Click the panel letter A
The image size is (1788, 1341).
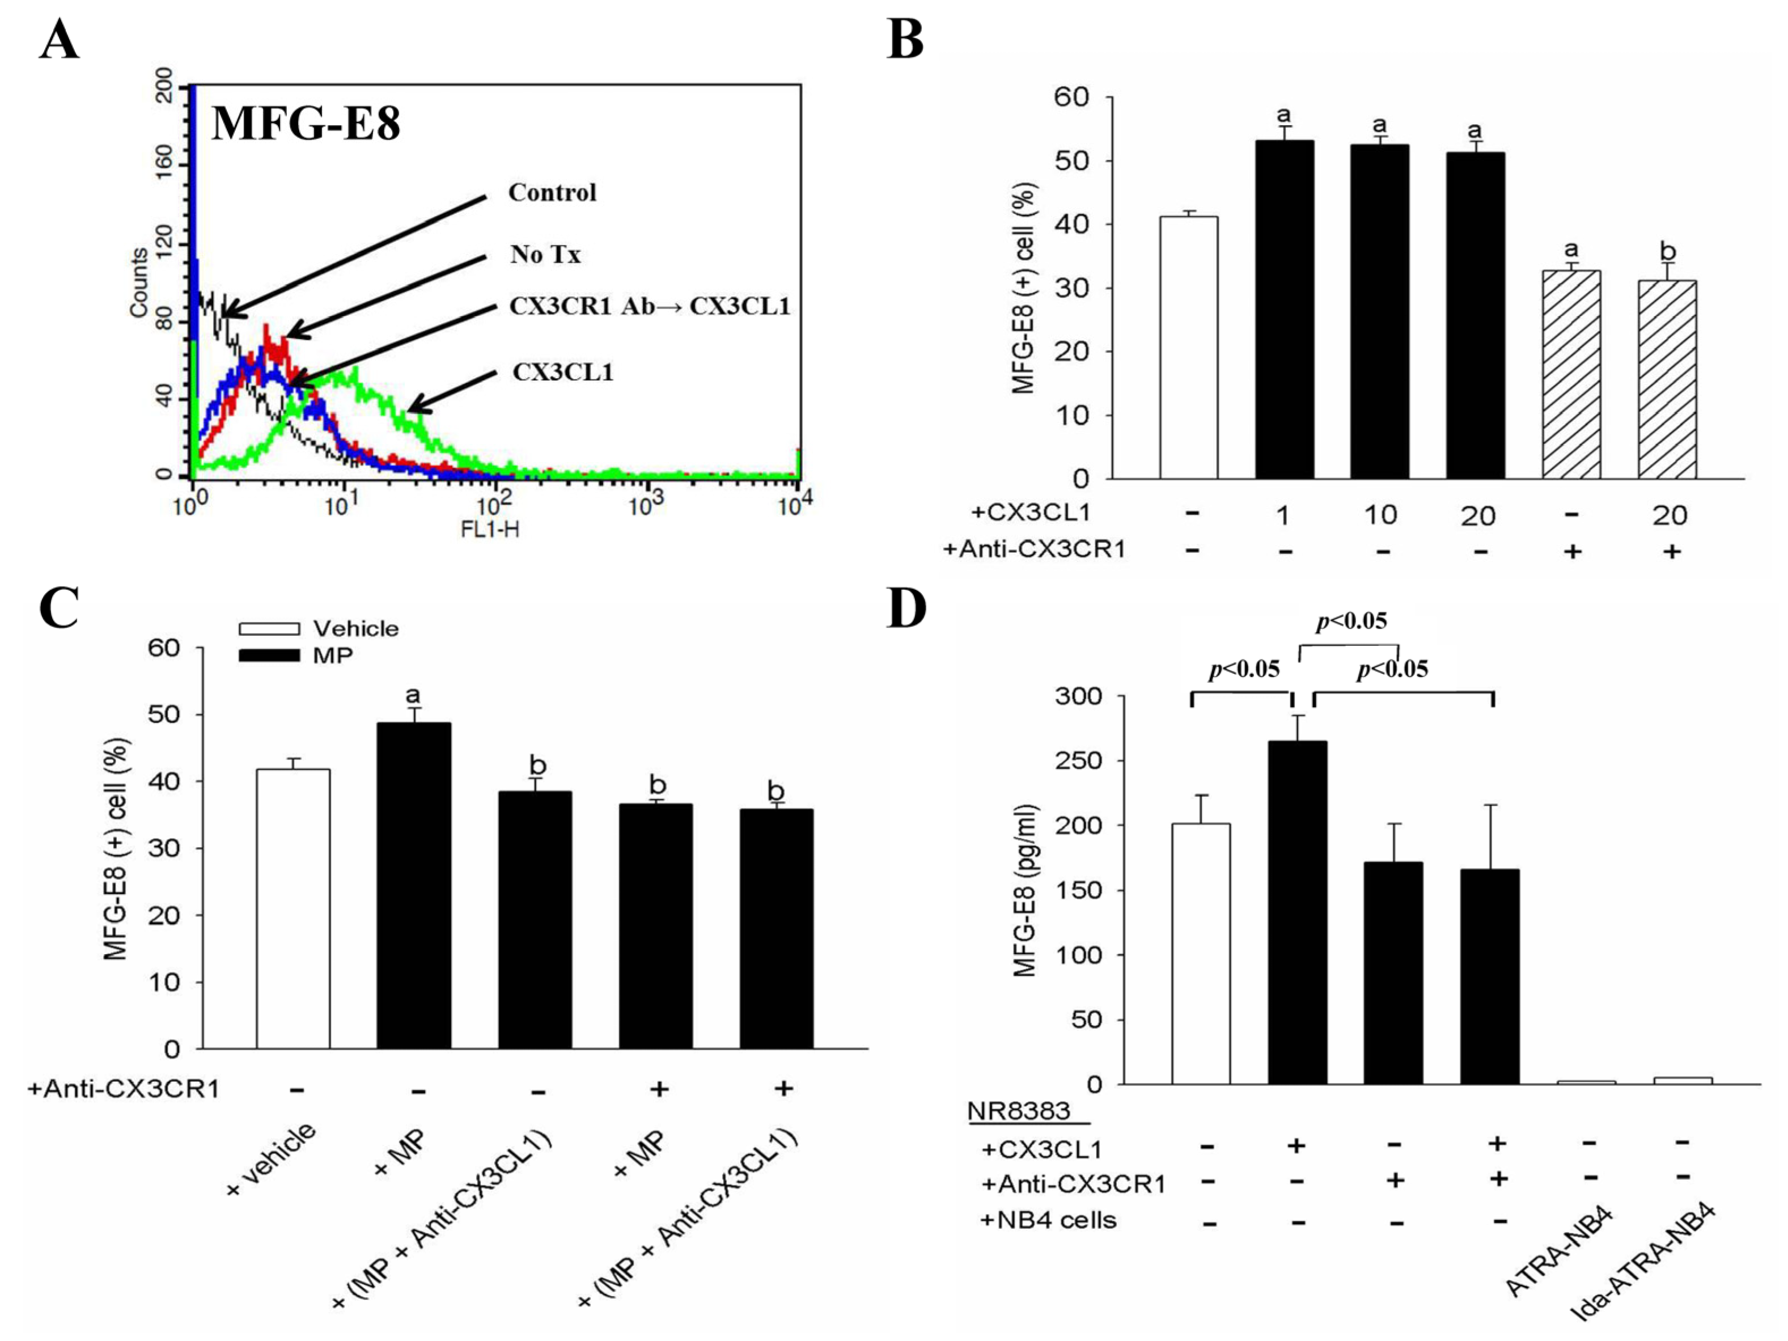(59, 40)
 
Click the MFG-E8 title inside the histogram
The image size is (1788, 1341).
(306, 125)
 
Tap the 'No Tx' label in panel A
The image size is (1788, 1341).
(545, 255)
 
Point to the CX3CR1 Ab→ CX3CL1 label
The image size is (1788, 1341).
(649, 306)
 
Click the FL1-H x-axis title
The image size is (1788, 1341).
(490, 530)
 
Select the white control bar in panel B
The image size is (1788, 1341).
(1188, 348)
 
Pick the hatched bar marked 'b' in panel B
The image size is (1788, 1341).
(1667, 380)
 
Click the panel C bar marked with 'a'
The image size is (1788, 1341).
(414, 885)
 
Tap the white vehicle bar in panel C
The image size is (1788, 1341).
(293, 909)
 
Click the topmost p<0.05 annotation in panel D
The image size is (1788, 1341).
(1351, 621)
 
